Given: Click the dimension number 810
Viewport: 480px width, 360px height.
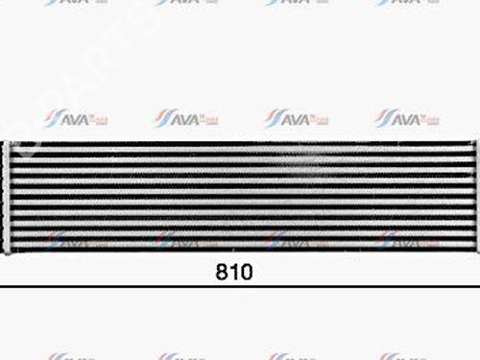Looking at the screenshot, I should pos(233,272).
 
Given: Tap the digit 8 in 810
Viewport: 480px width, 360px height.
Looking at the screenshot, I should pos(221,272).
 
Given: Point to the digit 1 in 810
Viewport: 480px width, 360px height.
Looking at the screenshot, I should pos(233,272).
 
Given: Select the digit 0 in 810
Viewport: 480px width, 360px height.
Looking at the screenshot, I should pos(246,272).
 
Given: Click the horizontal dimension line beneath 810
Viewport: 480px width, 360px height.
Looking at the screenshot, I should pos(240,285).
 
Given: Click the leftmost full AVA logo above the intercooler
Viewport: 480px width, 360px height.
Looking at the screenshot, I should pos(76,118).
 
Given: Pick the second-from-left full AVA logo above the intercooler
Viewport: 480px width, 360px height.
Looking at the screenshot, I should pos(186,118).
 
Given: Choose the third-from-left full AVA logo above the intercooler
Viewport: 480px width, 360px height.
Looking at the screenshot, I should pos(298,118).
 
